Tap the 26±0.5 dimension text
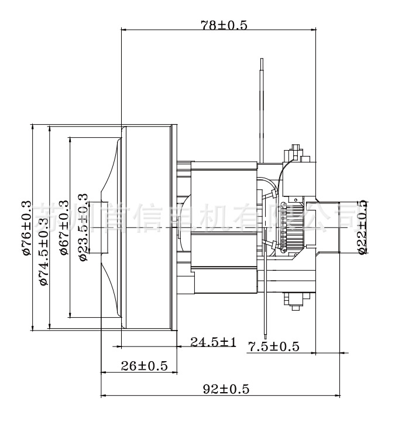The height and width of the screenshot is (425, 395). (x=145, y=366)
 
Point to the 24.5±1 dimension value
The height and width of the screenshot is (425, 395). (x=213, y=342)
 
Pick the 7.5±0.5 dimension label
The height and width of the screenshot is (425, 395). (x=273, y=346)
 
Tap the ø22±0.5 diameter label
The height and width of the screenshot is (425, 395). (x=362, y=226)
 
